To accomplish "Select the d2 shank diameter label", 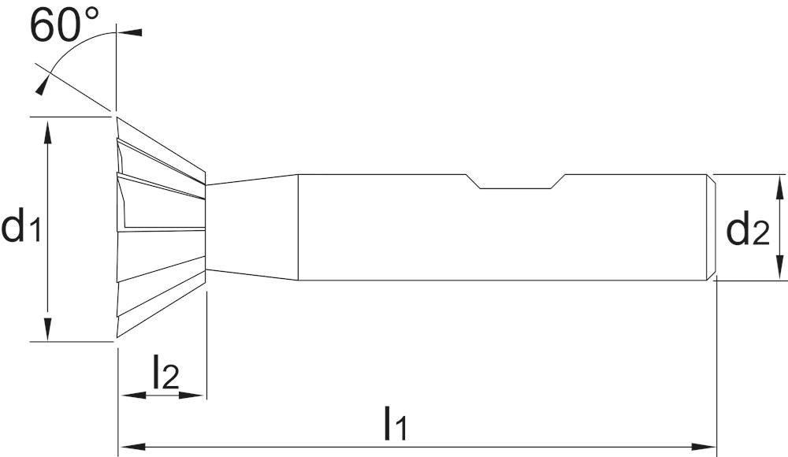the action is tap(748, 228).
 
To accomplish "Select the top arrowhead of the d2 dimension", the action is tap(779, 188).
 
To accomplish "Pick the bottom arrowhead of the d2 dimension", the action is tap(779, 266).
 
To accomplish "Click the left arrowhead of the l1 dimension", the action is tap(132, 446).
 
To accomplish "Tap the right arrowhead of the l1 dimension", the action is tap(703, 446).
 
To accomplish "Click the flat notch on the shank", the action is tap(517, 181).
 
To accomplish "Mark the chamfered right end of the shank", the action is tap(712, 227).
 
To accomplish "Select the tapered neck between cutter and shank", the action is tap(252, 227).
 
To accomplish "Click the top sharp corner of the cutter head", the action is tap(117, 117).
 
